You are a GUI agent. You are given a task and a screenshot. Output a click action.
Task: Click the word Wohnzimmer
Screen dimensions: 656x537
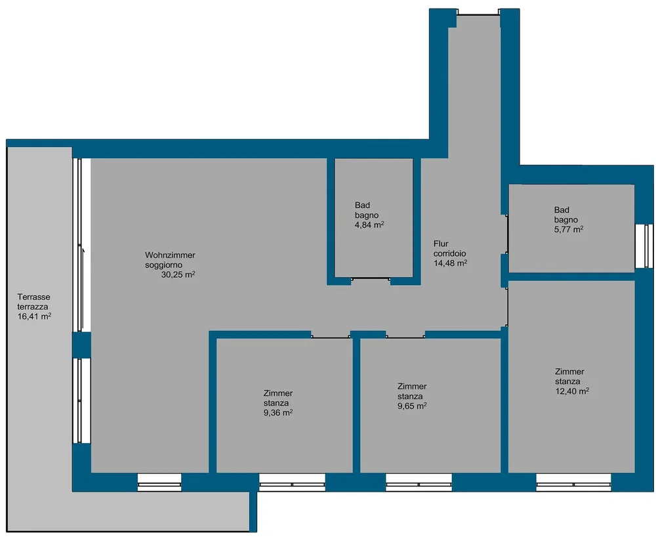[170, 255]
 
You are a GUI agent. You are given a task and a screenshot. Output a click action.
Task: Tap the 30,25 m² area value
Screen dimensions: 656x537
[178, 274]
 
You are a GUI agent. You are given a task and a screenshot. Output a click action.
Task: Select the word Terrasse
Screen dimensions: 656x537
[33, 297]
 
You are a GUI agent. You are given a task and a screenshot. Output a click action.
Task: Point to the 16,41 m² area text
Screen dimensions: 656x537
[34, 316]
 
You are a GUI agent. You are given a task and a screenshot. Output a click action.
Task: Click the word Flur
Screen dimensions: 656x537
[441, 244]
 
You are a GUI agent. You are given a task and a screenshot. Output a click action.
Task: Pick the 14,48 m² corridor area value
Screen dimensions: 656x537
[450, 263]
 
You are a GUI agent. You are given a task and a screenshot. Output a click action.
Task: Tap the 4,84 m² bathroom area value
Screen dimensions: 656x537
[369, 225]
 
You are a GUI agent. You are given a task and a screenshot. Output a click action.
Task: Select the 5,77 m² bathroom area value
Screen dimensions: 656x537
[569, 229]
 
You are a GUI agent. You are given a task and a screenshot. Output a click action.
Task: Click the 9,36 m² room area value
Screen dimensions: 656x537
[277, 413]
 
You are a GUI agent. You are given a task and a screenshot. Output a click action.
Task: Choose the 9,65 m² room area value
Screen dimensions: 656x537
[412, 406]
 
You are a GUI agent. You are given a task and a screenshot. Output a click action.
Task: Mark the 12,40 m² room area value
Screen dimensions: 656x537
[572, 391]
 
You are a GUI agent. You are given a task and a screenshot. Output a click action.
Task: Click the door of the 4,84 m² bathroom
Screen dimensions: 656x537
[371, 279]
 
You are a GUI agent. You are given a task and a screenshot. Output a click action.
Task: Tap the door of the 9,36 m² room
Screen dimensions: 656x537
[331, 336]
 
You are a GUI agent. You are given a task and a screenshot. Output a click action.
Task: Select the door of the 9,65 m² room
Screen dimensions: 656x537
[405, 336]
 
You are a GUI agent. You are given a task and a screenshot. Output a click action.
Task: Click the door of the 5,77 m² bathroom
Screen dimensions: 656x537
[506, 234]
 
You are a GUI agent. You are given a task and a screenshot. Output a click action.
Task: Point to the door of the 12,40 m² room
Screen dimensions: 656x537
[506, 307]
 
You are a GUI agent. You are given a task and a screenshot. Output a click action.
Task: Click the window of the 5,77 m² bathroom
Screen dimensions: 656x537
[644, 246]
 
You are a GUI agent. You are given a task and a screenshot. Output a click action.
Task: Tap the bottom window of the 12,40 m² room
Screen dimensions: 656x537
[573, 482]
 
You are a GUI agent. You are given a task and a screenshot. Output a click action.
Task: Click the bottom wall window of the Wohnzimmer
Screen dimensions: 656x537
[159, 482]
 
